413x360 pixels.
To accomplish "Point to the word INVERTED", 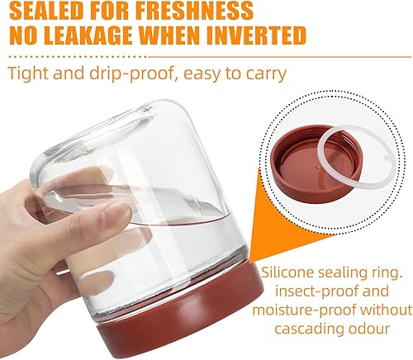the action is [262, 36].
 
